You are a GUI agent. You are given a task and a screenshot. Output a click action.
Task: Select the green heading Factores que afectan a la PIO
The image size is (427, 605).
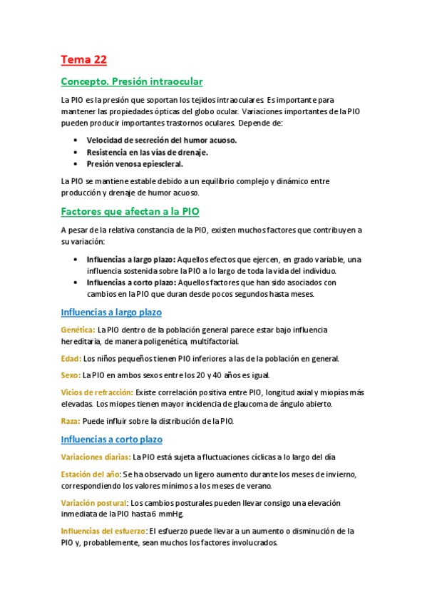[x=130, y=211]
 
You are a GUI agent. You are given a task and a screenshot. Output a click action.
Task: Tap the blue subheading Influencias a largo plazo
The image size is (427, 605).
[x=111, y=312]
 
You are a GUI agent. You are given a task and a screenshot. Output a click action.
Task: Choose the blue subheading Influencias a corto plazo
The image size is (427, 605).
[x=112, y=439]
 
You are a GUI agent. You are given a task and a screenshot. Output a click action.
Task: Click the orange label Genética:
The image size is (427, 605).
[x=78, y=330]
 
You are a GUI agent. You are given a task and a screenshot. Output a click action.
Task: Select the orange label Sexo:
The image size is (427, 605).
[x=71, y=375]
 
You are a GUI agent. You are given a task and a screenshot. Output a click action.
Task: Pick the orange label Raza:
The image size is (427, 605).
[x=71, y=421]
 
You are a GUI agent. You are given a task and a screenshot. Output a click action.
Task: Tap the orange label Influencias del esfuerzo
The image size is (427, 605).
[x=103, y=531]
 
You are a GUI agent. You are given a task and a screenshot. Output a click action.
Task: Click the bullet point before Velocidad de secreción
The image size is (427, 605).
[x=76, y=141]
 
